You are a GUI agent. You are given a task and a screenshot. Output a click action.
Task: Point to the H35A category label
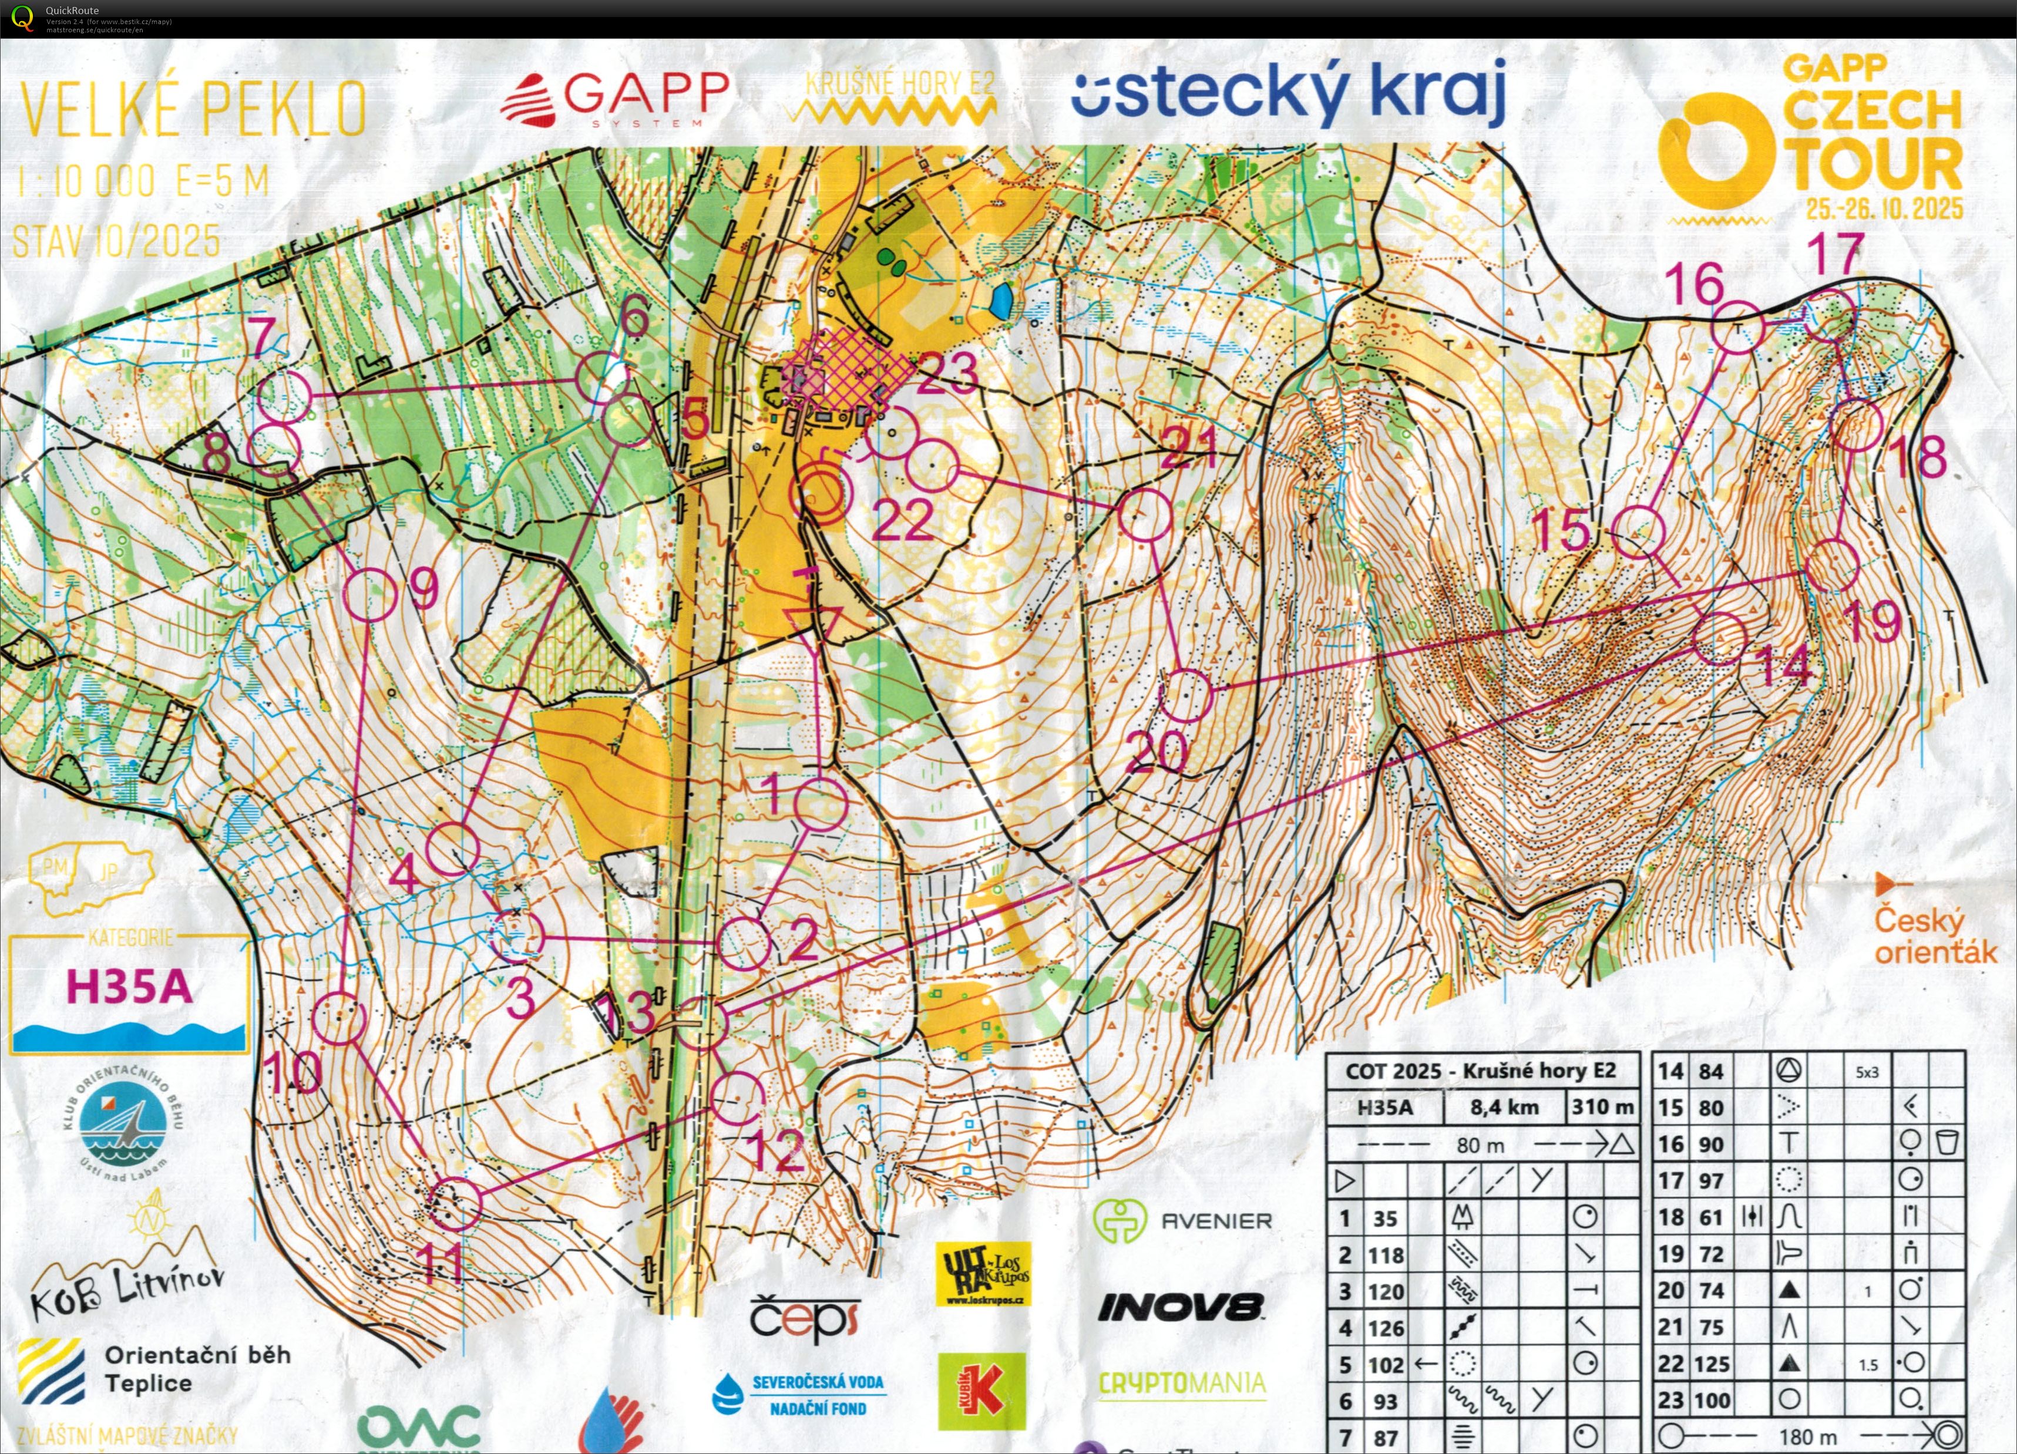tap(129, 987)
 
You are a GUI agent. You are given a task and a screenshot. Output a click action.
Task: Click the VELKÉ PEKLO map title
tap(193, 109)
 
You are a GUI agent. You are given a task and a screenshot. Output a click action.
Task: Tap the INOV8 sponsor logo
tap(1180, 1307)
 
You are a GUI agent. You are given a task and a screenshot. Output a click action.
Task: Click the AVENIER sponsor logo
tap(1183, 1221)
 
